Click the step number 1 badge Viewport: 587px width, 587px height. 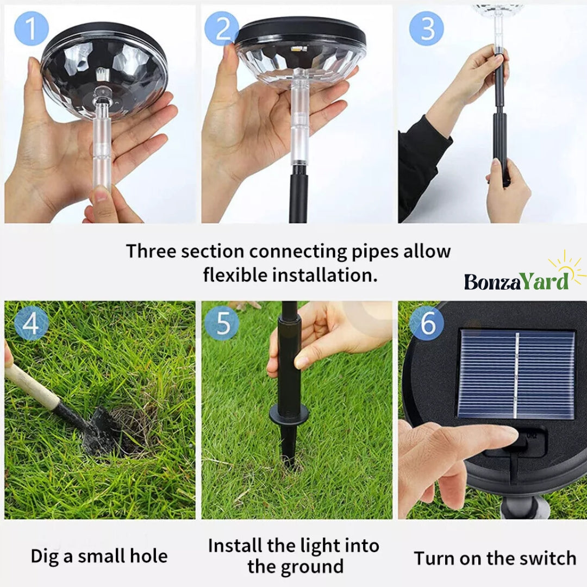point(32,28)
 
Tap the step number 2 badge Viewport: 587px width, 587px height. point(222,28)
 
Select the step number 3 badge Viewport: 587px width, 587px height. point(427,28)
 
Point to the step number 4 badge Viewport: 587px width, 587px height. point(32,323)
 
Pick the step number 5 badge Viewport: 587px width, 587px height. point(222,323)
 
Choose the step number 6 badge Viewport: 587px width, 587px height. point(427,323)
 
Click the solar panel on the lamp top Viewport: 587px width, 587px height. point(516,374)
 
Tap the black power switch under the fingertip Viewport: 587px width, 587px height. point(524,442)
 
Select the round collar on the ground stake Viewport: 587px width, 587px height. point(289,414)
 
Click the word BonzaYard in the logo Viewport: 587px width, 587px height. point(517,282)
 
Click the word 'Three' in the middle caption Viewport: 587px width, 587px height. point(151,251)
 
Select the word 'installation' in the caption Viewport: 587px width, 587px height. point(322,275)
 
